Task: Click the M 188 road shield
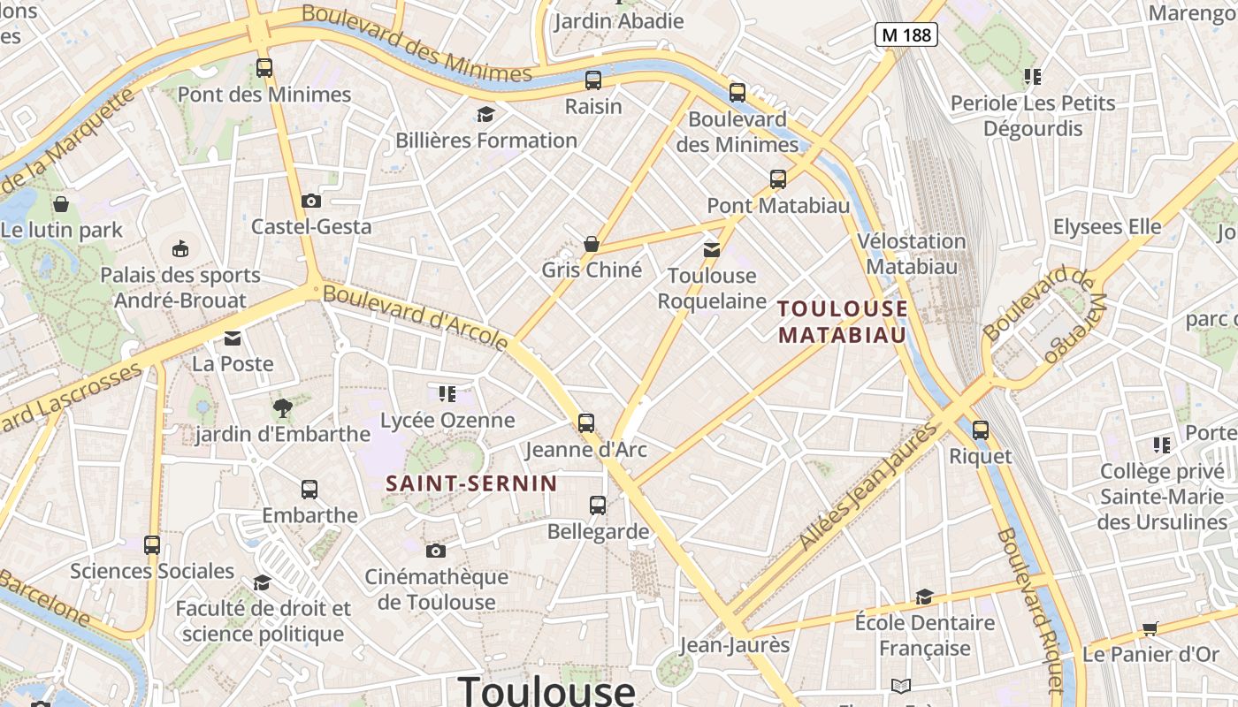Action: (x=906, y=34)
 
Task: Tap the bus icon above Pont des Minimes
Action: (x=264, y=67)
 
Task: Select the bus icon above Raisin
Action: (x=593, y=80)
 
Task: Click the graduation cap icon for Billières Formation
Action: (x=485, y=114)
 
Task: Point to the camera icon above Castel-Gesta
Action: (x=310, y=201)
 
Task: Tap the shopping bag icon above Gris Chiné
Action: (x=592, y=243)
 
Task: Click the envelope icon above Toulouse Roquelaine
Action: (x=712, y=250)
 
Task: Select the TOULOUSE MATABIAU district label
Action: (x=842, y=322)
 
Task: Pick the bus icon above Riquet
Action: (x=981, y=430)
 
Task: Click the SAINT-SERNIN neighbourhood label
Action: (x=472, y=483)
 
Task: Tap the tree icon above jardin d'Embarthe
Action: (x=282, y=407)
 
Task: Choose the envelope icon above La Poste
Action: (x=233, y=338)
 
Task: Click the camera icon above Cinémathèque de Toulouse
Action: (x=435, y=551)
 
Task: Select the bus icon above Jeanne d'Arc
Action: (x=586, y=423)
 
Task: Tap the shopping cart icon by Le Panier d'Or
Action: (x=1150, y=628)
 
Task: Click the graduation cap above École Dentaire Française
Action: (x=924, y=597)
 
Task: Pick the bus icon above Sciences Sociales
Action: (x=152, y=545)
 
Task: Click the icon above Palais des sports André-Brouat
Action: (x=180, y=248)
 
